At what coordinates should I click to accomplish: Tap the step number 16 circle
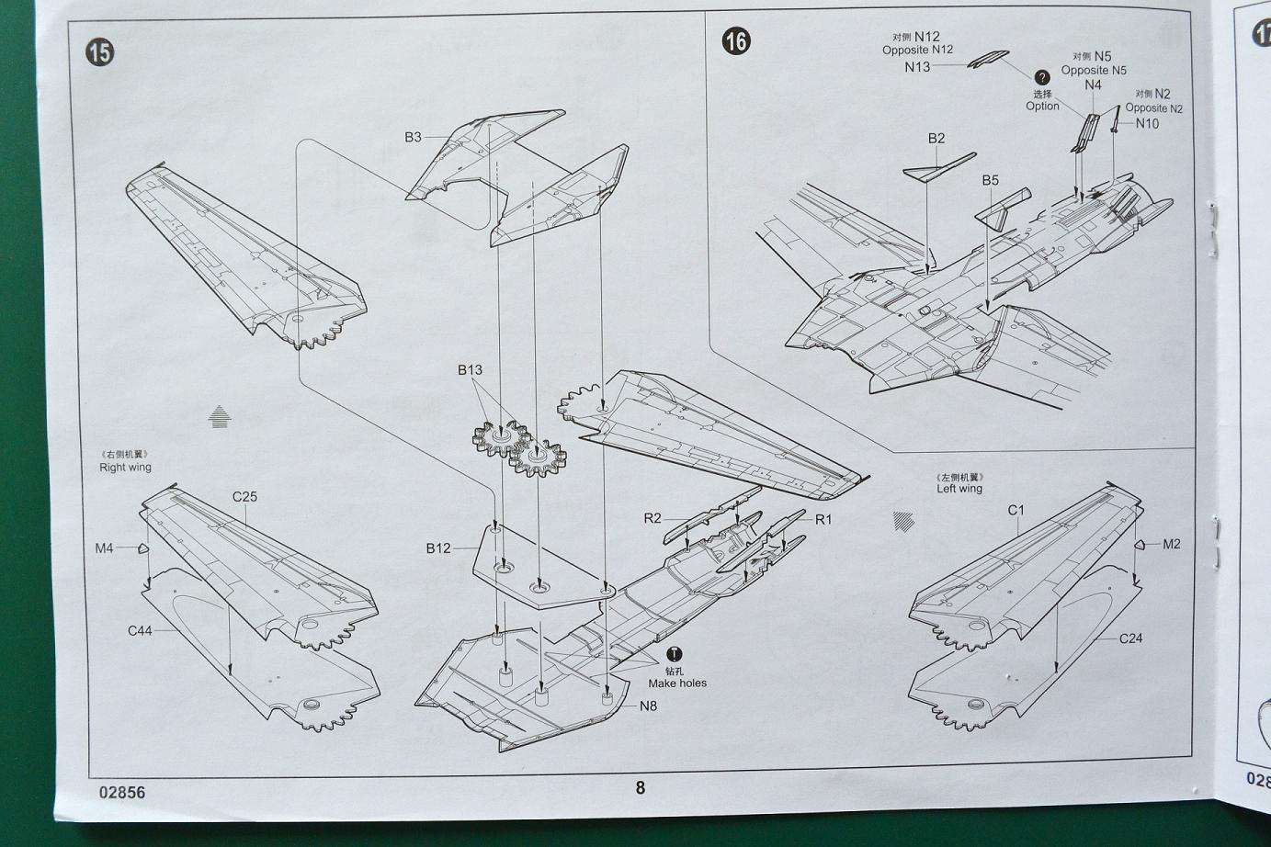pyautogui.click(x=736, y=40)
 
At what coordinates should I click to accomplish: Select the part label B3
pyautogui.click(x=413, y=137)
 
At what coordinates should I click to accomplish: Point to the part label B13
pyautogui.click(x=470, y=370)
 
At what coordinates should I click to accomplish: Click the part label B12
pyautogui.click(x=438, y=548)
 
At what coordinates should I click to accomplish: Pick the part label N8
pyautogui.click(x=648, y=706)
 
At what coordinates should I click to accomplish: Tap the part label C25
pyautogui.click(x=244, y=497)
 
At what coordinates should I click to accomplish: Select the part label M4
pyautogui.click(x=104, y=548)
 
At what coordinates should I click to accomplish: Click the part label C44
pyautogui.click(x=140, y=630)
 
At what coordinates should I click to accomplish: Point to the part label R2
pyautogui.click(x=652, y=518)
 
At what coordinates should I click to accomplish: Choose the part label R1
pyautogui.click(x=823, y=519)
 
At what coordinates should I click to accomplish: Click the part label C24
pyautogui.click(x=1130, y=638)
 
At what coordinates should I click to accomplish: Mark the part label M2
pyautogui.click(x=1172, y=544)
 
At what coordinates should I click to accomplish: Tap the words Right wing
pyautogui.click(x=125, y=468)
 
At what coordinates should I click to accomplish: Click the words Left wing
pyautogui.click(x=959, y=489)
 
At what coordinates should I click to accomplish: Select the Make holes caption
pyautogui.click(x=677, y=683)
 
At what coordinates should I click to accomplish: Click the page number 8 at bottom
pyautogui.click(x=641, y=787)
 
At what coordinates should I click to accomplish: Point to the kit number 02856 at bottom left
pyautogui.click(x=119, y=792)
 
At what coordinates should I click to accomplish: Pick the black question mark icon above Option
pyautogui.click(x=1042, y=78)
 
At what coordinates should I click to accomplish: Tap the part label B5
pyautogui.click(x=989, y=180)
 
